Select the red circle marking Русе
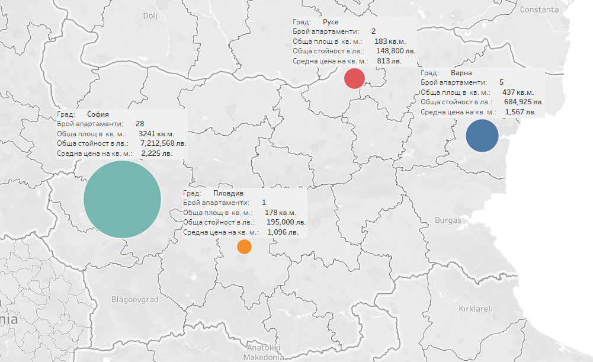[354, 78]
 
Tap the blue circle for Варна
[482, 136]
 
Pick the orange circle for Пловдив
[244, 246]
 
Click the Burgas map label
[448, 220]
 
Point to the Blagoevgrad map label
[135, 300]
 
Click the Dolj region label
[150, 16]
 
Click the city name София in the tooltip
[98, 114]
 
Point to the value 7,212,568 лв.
[163, 143]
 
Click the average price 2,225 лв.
[157, 153]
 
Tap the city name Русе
[331, 22]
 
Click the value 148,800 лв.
[396, 51]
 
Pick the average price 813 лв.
[389, 60]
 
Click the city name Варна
[461, 73]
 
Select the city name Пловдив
[228, 193]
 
